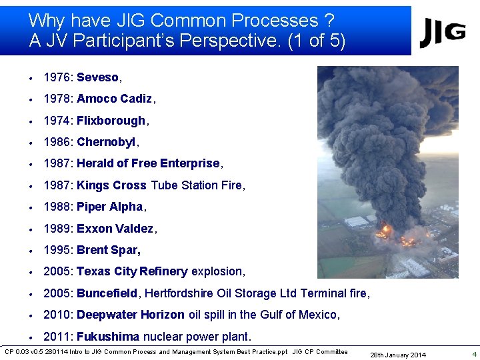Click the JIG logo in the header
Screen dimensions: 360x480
(442, 32)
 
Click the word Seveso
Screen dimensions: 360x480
(98, 77)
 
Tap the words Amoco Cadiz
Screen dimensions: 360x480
(115, 99)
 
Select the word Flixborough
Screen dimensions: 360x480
(111, 121)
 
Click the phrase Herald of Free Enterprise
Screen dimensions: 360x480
(148, 163)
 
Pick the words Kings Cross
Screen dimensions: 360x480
(111, 185)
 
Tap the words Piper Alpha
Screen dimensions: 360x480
(110, 207)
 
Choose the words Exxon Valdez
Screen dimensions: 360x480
(115, 229)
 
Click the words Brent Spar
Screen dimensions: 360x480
(109, 250)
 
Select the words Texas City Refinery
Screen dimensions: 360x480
(132, 271)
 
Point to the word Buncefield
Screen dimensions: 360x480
(107, 293)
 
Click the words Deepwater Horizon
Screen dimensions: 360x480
(131, 315)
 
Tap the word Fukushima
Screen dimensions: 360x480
(108, 337)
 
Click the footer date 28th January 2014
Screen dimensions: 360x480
(399, 355)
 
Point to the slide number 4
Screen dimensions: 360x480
(474, 354)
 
